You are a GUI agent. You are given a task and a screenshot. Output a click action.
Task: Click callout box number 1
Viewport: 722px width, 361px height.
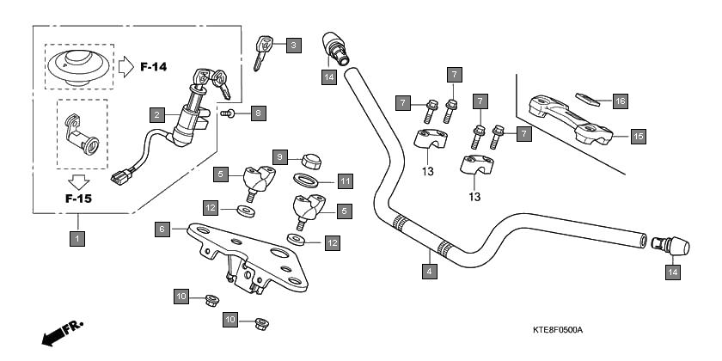[77, 239]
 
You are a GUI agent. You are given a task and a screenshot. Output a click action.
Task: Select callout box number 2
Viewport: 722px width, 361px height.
[156, 114]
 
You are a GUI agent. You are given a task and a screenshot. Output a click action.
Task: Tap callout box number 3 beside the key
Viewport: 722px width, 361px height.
[294, 45]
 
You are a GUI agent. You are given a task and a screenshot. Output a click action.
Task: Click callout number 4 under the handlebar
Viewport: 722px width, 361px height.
[428, 272]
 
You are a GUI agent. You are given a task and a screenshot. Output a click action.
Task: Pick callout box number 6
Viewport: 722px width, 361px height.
[161, 229]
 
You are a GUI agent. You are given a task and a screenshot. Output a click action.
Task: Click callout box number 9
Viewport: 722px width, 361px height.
[280, 156]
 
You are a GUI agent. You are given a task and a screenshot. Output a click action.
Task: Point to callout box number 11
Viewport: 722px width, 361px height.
[344, 181]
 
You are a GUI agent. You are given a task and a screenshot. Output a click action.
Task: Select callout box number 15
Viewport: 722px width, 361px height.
[638, 136]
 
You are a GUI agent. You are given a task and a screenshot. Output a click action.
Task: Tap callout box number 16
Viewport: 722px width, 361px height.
[621, 101]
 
